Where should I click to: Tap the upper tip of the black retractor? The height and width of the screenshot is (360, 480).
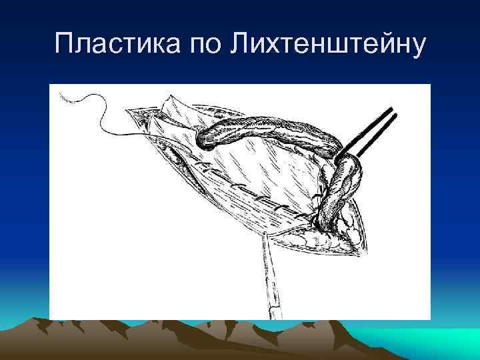[x=391, y=109]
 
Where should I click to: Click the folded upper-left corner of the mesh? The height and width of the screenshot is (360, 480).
[x=167, y=107]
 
